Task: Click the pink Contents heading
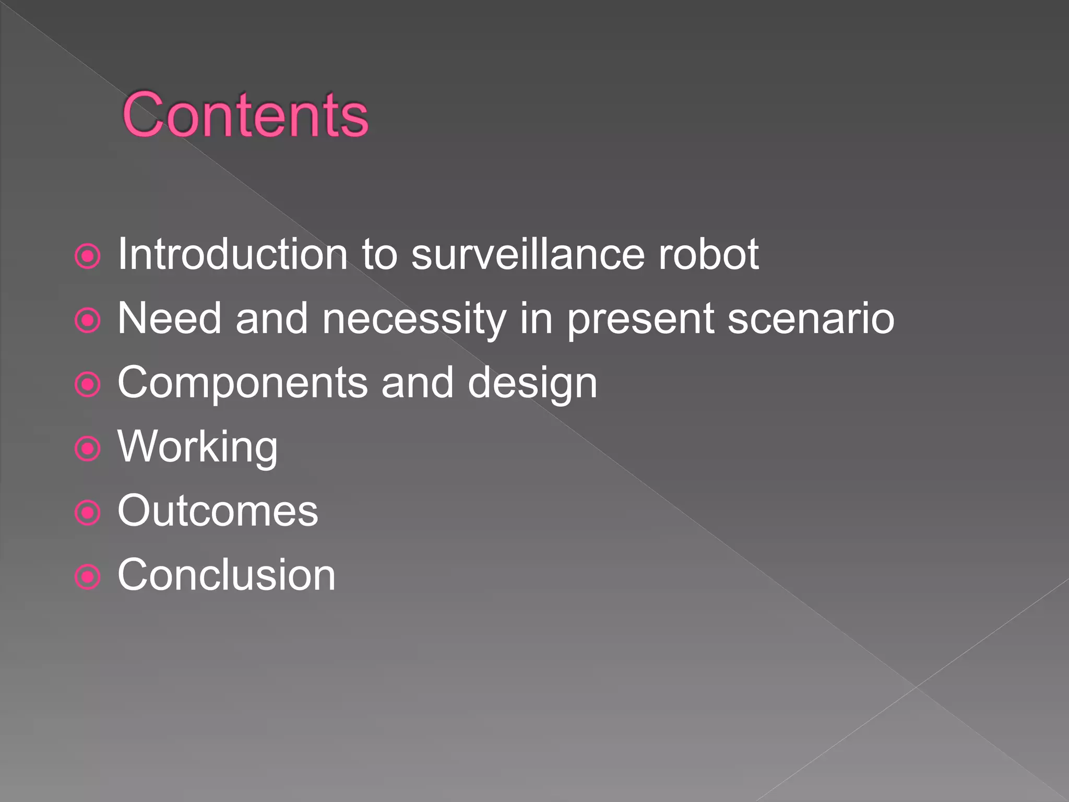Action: [x=245, y=115]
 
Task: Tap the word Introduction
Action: [x=232, y=254]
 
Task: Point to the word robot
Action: [x=708, y=254]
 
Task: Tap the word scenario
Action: [x=811, y=319]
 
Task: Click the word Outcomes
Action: [x=218, y=511]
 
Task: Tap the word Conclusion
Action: [x=227, y=575]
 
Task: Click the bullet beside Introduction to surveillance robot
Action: [x=88, y=256]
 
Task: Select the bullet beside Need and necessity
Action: [x=88, y=321]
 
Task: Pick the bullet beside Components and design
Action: [x=88, y=385]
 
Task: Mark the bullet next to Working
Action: [x=88, y=449]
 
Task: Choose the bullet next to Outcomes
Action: [x=88, y=513]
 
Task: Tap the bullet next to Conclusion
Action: [x=88, y=577]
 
